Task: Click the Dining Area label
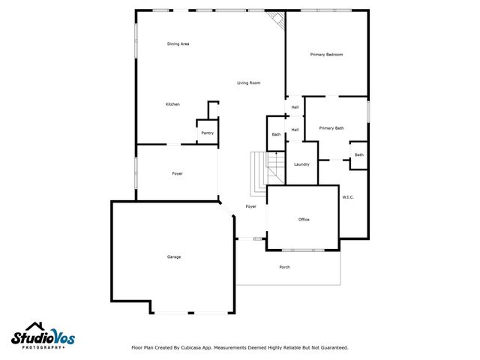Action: [178, 44]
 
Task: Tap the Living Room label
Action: [249, 82]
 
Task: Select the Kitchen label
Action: [172, 104]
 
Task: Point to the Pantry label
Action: [208, 133]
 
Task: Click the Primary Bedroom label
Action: [327, 55]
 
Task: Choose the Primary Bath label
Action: [331, 128]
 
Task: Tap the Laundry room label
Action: [302, 164]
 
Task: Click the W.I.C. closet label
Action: [348, 197]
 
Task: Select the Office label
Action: [304, 220]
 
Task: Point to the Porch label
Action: [284, 267]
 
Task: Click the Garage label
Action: [174, 257]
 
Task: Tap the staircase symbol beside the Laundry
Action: [259, 169]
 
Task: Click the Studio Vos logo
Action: [43, 336]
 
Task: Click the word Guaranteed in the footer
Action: [332, 347]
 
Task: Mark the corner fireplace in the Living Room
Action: [278, 20]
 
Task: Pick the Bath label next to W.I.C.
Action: [359, 155]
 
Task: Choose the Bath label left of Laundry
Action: [276, 135]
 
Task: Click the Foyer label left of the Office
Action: [251, 206]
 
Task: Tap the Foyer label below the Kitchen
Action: [178, 174]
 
